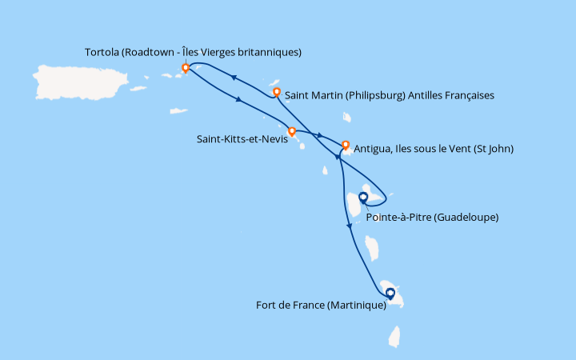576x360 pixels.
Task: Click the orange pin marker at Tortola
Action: pyautogui.click(x=186, y=68)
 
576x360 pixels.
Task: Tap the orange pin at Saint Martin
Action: pyautogui.click(x=277, y=93)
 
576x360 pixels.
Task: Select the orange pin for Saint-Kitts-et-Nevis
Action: pyautogui.click(x=292, y=131)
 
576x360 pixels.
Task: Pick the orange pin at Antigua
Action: pyautogui.click(x=346, y=146)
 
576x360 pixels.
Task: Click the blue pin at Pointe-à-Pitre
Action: pyautogui.click(x=363, y=197)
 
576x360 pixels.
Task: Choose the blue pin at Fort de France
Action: pyautogui.click(x=390, y=294)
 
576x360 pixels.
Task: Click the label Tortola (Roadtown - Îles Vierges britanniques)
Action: pyautogui.click(x=193, y=53)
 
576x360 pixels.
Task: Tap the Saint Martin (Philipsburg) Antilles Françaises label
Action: pyautogui.click(x=390, y=95)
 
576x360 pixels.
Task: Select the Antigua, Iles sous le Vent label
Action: pyautogui.click(x=433, y=148)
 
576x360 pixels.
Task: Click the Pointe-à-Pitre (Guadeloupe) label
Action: pyautogui.click(x=431, y=216)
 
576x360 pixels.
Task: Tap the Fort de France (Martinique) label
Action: pyautogui.click(x=326, y=305)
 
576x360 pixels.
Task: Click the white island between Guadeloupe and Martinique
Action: pyautogui.click(x=372, y=247)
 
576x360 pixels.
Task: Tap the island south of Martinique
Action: pyautogui.click(x=394, y=336)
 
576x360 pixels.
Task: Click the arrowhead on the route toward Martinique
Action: pyautogui.click(x=349, y=227)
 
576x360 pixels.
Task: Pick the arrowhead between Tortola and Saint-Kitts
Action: pyautogui.click(x=239, y=100)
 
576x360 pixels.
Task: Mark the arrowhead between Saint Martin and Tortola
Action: pyautogui.click(x=235, y=78)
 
